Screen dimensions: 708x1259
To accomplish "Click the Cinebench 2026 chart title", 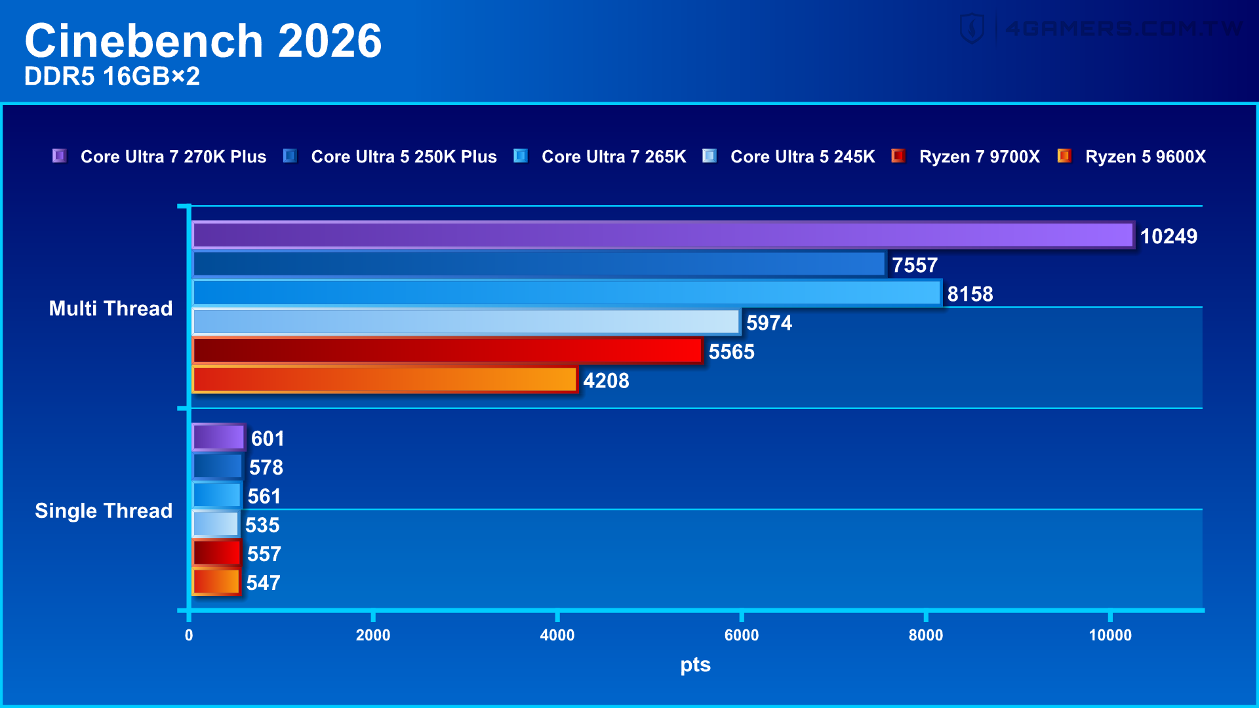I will tap(203, 41).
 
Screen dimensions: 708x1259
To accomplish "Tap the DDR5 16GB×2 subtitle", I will tap(112, 77).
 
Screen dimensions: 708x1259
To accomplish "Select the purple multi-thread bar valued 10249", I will tap(662, 235).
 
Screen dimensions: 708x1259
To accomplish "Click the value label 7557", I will tap(914, 265).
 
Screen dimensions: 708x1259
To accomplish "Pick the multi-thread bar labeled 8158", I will tap(567, 293).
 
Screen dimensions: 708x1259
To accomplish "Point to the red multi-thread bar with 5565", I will tap(447, 351).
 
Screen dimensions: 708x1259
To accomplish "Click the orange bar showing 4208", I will tap(384, 380).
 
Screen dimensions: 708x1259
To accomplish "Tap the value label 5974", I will tap(769, 323).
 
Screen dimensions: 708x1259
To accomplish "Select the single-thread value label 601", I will tap(268, 438).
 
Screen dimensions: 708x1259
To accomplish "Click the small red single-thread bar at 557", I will tap(216, 553).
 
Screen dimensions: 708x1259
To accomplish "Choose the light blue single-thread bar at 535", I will tap(215, 524).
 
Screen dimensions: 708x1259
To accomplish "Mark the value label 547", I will tap(263, 582).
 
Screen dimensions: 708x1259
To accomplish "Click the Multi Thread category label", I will tap(111, 308).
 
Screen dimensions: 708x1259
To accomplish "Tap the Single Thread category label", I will tap(104, 511).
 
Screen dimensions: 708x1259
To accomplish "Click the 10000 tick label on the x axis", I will tap(1109, 635).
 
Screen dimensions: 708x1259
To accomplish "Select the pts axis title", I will tap(695, 665).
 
